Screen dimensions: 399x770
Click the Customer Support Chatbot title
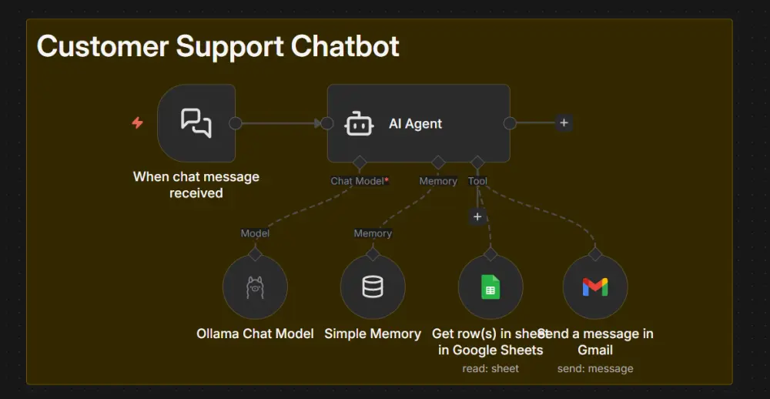tap(218, 47)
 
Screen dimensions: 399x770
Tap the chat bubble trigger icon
tap(196, 123)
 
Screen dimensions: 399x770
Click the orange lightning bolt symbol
tap(138, 122)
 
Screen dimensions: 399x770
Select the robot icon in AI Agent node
tap(359, 123)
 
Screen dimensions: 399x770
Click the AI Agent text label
tap(415, 124)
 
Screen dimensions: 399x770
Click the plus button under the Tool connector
tap(477, 217)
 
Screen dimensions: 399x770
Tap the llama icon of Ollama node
tap(255, 287)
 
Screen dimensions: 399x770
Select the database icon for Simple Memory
tap(373, 287)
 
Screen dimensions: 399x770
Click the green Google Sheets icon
tap(490, 287)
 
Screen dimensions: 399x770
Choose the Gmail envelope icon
tap(595, 287)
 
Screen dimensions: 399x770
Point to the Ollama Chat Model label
tap(255, 334)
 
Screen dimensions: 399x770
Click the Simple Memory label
tap(373, 334)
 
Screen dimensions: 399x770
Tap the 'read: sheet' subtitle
tap(490, 369)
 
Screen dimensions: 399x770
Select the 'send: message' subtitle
tap(595, 369)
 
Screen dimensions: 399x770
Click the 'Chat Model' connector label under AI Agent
tap(357, 181)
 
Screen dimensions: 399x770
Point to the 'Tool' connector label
tap(477, 181)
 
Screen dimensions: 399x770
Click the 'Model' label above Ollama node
tap(255, 233)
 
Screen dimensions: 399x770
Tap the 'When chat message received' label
tap(196, 185)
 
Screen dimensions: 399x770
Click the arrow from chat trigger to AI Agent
tap(281, 123)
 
